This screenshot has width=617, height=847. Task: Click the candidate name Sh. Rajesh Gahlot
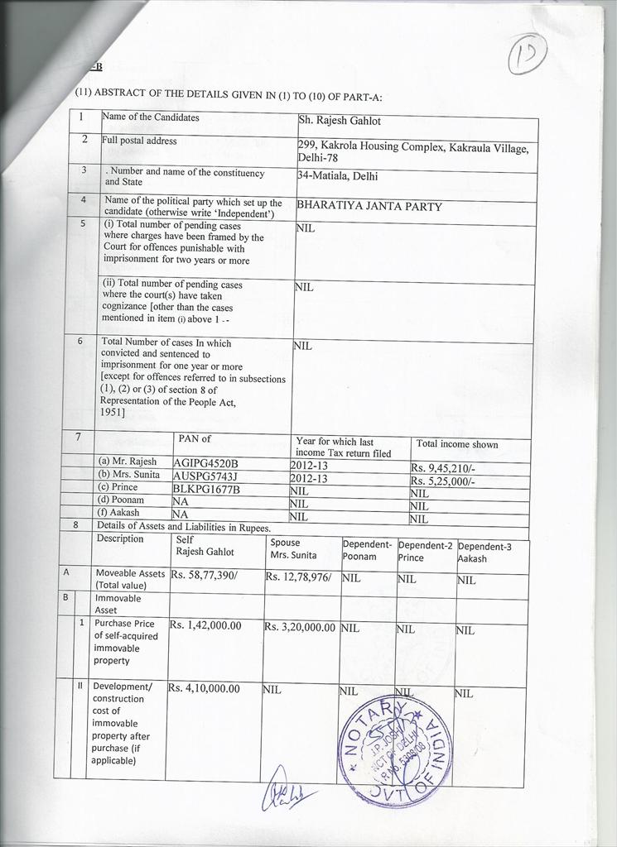[x=340, y=121]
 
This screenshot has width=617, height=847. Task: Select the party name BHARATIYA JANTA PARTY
[x=369, y=207]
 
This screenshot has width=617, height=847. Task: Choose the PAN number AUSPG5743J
[x=205, y=476]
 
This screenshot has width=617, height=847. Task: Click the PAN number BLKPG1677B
[x=206, y=489]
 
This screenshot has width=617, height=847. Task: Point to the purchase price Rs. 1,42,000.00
[x=205, y=625]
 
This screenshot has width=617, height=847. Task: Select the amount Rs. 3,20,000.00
[x=300, y=627]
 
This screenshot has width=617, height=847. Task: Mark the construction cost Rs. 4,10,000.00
[x=204, y=688]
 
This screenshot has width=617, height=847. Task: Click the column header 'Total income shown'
[x=457, y=444]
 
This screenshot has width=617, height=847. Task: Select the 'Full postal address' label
[x=139, y=141]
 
